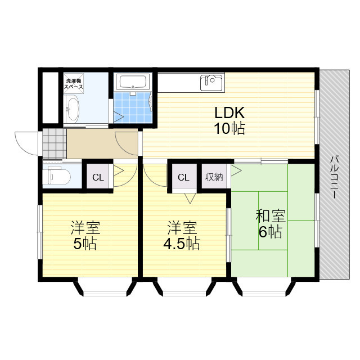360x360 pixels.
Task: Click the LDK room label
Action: pyautogui.click(x=229, y=112)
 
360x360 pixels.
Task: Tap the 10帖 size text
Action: pyautogui.click(x=229, y=128)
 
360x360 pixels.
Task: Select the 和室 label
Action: pyautogui.click(x=271, y=216)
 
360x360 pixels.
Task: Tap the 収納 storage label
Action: pyautogui.click(x=214, y=177)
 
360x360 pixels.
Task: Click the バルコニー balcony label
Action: pyautogui.click(x=334, y=177)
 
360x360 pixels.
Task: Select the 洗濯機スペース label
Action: pyautogui.click(x=74, y=84)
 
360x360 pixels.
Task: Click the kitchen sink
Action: pyautogui.click(x=212, y=83)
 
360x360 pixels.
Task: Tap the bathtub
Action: pyautogui.click(x=133, y=82)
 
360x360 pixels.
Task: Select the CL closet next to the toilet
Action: pyautogui.click(x=98, y=177)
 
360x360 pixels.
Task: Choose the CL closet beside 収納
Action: pyautogui.click(x=184, y=177)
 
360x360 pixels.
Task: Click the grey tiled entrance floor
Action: pyautogui.click(x=55, y=143)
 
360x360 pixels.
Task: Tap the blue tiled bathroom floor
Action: pyautogui.click(x=133, y=107)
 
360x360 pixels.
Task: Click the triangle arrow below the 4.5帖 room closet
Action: pyautogui.click(x=190, y=198)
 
